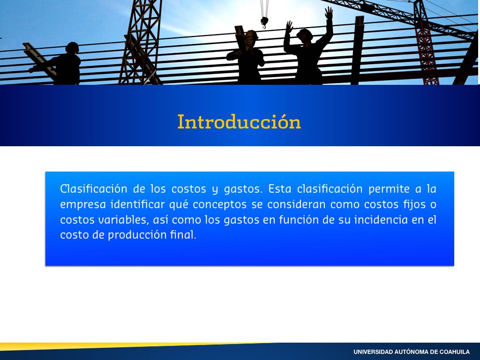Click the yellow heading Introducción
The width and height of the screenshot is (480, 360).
[239, 122]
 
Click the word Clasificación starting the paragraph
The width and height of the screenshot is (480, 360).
[94, 189]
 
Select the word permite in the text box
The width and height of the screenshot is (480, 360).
[389, 189]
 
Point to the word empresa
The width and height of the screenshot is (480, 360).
[83, 205]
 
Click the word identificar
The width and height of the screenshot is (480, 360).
[137, 204]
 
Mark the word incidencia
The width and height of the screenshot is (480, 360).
[381, 219]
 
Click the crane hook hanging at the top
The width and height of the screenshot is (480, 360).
[264, 22]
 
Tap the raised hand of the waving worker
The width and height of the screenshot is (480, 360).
[329, 13]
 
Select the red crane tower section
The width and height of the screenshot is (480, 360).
[427, 52]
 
